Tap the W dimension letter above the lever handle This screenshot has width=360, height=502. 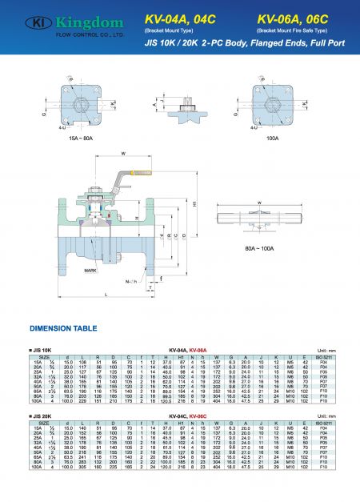click(122, 155)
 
